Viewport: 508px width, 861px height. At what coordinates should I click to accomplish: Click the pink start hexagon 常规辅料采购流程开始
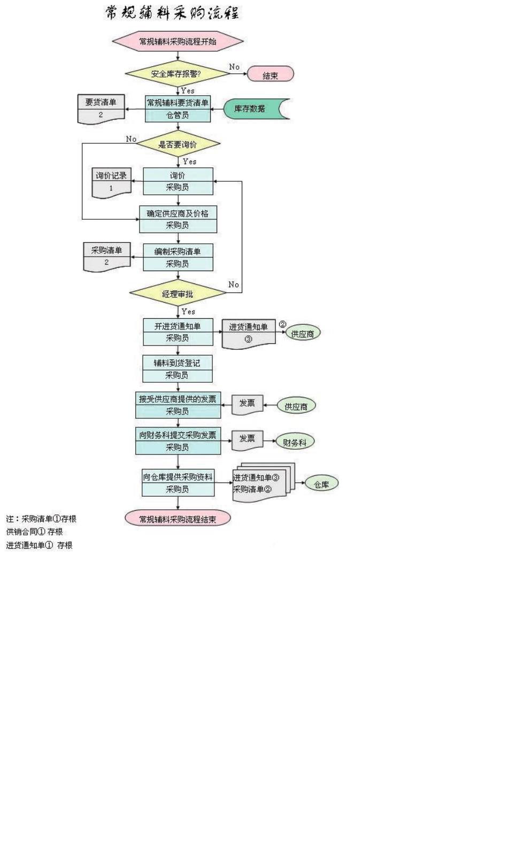click(178, 41)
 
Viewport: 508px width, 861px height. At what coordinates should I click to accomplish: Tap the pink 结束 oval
click(271, 74)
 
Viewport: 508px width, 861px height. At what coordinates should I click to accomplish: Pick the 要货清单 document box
click(101, 109)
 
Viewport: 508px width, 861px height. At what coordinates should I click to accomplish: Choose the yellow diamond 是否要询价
click(178, 144)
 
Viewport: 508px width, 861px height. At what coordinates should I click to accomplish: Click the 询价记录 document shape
click(111, 182)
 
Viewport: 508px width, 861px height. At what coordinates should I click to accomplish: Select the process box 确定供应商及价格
click(178, 219)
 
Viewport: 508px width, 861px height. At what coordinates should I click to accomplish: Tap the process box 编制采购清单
click(178, 257)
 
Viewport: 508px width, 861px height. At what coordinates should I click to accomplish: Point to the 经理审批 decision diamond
click(178, 294)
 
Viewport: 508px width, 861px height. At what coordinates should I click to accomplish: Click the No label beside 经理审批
click(234, 285)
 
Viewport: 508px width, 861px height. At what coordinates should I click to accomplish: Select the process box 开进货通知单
click(178, 332)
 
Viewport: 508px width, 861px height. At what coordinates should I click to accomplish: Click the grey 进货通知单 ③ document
click(249, 333)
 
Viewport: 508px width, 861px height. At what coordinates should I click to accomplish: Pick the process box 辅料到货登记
click(178, 368)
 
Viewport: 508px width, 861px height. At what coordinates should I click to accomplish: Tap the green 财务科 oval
click(295, 442)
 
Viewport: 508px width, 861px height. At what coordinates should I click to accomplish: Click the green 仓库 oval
click(321, 485)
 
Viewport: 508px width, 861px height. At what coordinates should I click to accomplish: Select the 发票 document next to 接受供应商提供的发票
click(247, 404)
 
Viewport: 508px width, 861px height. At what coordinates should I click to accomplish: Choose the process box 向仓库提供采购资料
click(178, 482)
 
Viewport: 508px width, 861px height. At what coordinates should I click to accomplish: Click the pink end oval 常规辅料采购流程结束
click(178, 519)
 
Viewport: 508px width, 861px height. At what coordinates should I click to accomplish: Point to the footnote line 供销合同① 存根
click(35, 532)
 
